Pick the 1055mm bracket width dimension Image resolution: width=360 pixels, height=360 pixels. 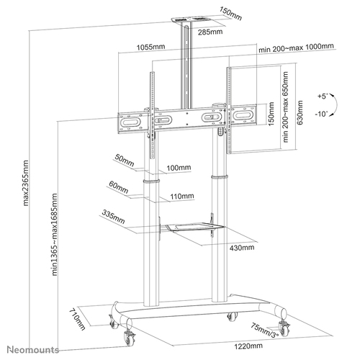point(148,48)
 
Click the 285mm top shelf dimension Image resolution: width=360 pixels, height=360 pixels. point(212,32)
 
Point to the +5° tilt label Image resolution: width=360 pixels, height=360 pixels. point(321,95)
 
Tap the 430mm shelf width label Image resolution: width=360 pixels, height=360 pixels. point(243,248)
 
